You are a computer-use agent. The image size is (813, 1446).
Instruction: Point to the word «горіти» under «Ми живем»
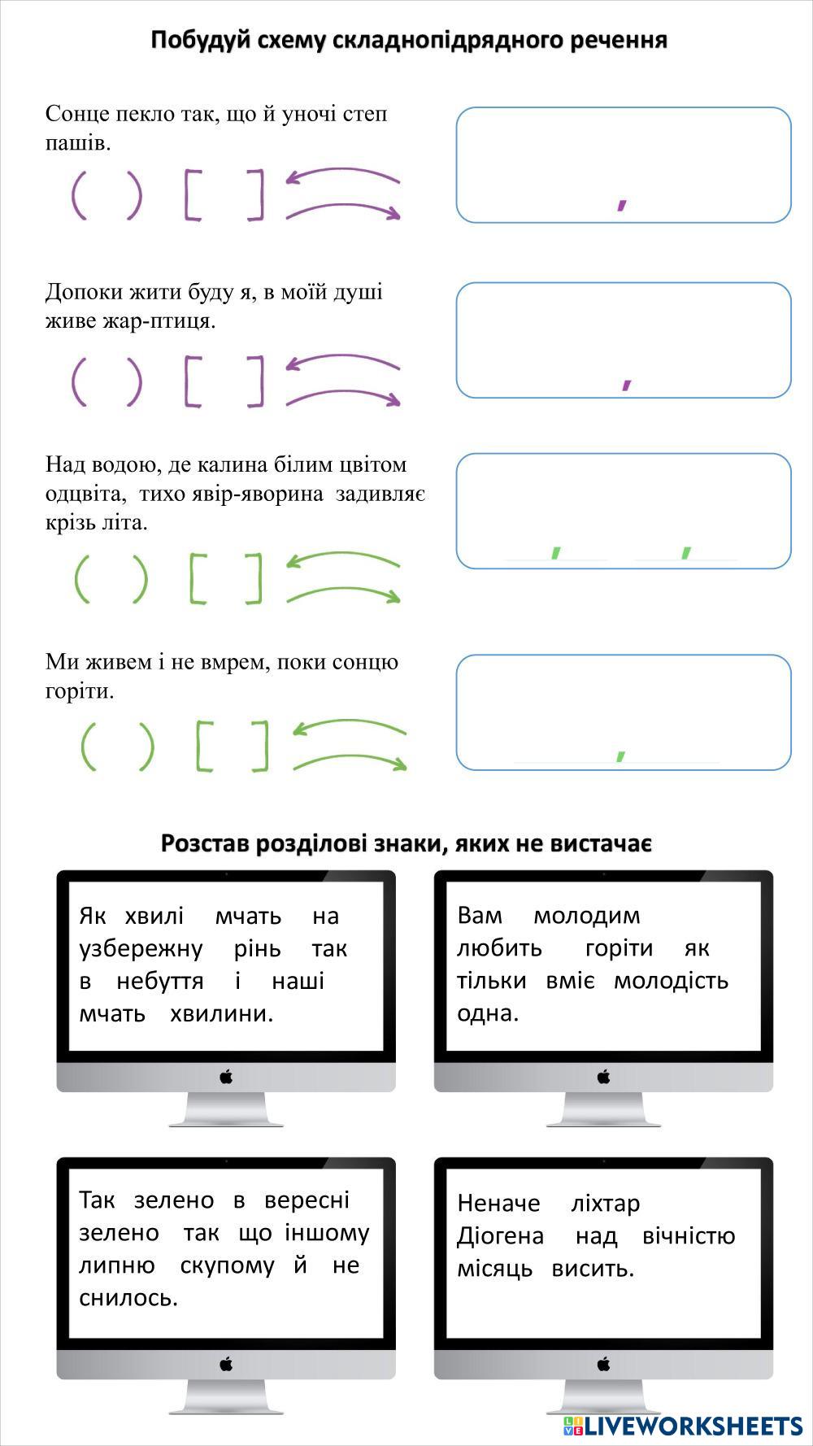coord(80,691)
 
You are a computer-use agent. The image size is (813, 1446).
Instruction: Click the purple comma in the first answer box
coord(622,199)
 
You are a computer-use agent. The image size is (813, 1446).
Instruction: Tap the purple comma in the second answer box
coord(627,381)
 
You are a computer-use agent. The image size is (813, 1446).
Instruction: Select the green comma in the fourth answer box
coord(620,754)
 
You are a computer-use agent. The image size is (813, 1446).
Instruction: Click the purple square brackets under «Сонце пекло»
coord(224,195)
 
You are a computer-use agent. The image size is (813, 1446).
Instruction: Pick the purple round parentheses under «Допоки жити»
coord(107,381)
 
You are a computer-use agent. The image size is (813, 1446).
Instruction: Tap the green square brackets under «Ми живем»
coord(233,746)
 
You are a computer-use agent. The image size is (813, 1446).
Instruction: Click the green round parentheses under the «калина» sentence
coord(111,579)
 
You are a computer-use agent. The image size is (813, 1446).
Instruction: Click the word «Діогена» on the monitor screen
coord(500,1235)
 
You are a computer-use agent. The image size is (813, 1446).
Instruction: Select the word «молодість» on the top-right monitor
coord(671,980)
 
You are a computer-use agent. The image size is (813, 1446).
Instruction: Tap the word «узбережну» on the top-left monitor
coord(141,948)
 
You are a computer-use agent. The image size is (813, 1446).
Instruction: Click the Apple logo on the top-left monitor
coord(226,1077)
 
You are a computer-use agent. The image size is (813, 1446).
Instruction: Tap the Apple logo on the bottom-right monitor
coord(603,1363)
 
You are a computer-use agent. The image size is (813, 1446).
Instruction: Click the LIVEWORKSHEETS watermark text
coord(692,1425)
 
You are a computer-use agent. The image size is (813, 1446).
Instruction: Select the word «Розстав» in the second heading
coord(205,843)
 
